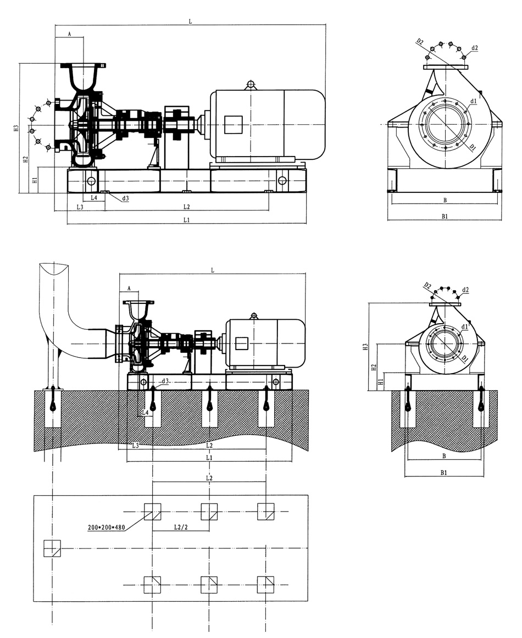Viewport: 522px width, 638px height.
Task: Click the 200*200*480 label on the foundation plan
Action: pos(107,528)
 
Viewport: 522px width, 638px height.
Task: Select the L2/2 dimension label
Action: pos(181,528)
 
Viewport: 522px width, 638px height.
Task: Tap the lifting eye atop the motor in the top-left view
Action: pos(251,84)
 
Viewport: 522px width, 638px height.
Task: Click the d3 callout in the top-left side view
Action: pos(126,198)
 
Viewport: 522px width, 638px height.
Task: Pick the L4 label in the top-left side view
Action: pos(94,197)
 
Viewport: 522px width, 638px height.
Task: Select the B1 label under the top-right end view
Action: pos(445,217)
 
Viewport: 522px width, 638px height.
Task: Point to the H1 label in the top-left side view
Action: pos(34,180)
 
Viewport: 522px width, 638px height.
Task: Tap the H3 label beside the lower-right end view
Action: pos(365,347)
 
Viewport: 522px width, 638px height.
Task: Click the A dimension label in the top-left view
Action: pos(70,34)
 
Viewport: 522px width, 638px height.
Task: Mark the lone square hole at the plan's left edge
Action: pos(52,548)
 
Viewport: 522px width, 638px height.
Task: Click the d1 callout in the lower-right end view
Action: pos(465,326)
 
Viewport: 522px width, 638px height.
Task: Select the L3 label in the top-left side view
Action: pos(80,207)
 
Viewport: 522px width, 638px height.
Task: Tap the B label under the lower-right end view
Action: pos(444,456)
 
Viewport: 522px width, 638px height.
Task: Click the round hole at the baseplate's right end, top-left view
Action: pos(282,180)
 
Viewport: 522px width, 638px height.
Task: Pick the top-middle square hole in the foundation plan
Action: pos(209,512)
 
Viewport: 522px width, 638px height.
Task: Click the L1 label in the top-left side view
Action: pos(186,220)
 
